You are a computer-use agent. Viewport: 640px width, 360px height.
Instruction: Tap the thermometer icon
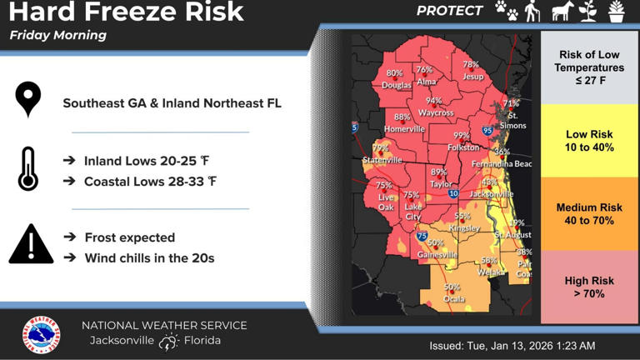tap(28, 169)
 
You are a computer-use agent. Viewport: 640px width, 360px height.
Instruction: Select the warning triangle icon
tap(31, 245)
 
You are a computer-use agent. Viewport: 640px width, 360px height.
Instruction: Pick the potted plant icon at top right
tap(616, 11)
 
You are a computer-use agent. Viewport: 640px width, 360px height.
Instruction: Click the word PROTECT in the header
tap(449, 11)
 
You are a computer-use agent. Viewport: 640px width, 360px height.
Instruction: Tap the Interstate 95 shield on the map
tap(487, 131)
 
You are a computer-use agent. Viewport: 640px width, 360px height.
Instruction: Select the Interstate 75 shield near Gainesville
tap(422, 236)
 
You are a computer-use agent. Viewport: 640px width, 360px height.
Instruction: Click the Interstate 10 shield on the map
tap(453, 193)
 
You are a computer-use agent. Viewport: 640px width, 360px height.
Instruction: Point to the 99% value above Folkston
tap(461, 136)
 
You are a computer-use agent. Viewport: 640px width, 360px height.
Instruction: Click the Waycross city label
tap(435, 112)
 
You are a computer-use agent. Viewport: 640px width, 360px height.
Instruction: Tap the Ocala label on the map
tap(453, 298)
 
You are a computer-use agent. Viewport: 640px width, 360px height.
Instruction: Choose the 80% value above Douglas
tap(394, 73)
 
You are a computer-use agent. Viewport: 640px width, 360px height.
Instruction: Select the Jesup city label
tap(472, 77)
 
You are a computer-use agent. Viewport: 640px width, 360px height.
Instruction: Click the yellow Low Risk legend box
tap(589, 140)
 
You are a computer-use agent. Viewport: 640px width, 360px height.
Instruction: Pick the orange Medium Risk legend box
tap(589, 213)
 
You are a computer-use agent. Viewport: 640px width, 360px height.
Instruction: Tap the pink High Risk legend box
tap(589, 287)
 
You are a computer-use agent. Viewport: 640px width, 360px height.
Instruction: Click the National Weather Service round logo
tap(41, 335)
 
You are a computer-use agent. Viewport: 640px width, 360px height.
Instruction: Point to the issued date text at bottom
tap(512, 345)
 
